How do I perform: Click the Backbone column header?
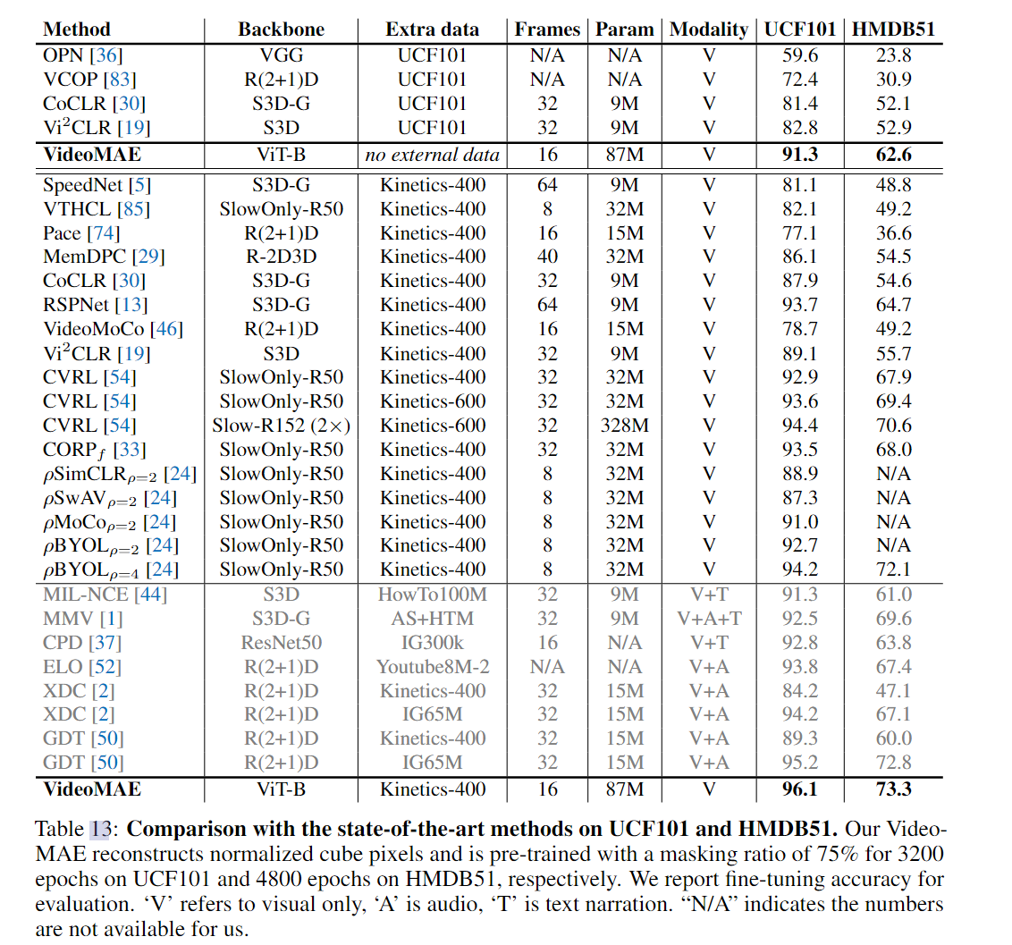click(x=281, y=30)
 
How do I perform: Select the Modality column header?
click(x=709, y=30)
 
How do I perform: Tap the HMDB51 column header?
click(x=893, y=30)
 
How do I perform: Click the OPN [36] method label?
click(x=82, y=55)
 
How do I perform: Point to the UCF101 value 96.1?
click(x=799, y=789)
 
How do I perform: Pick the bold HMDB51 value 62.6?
click(x=893, y=155)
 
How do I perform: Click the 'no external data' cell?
click(x=432, y=155)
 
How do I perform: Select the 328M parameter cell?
click(x=624, y=426)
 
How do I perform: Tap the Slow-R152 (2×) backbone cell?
click(x=281, y=426)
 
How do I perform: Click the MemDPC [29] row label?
click(x=104, y=257)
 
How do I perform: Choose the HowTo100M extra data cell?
click(x=432, y=595)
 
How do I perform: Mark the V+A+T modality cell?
click(x=709, y=619)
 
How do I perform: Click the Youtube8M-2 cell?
click(x=433, y=667)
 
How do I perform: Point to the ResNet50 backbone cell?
click(x=281, y=643)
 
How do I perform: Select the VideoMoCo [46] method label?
click(x=113, y=329)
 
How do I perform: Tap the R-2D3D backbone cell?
click(x=281, y=257)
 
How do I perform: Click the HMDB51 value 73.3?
click(x=893, y=789)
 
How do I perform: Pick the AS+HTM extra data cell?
click(x=432, y=619)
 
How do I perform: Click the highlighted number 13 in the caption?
click(x=100, y=829)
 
